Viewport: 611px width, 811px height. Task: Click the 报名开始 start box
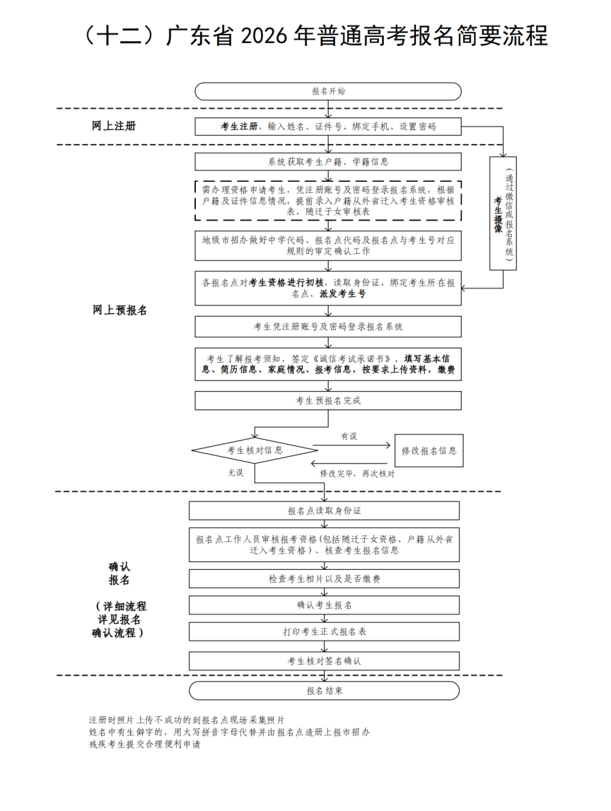point(328,91)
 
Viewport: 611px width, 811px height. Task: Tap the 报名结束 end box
point(325,691)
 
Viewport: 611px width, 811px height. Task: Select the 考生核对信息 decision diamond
point(255,450)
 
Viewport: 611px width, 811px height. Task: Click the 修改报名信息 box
point(429,450)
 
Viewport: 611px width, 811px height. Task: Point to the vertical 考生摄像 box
point(503,214)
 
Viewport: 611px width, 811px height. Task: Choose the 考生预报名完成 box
point(328,401)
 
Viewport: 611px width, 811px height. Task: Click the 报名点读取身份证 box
point(325,510)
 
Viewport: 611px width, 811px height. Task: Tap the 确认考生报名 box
point(325,605)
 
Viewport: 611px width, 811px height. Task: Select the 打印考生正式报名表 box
point(325,631)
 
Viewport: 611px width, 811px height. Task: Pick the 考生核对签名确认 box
point(325,661)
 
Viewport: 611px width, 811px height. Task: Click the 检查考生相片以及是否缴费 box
point(325,579)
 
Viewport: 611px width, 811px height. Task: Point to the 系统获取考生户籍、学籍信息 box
point(328,162)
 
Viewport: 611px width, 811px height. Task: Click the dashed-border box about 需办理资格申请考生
point(328,201)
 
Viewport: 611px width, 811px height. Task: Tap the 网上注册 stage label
point(113,126)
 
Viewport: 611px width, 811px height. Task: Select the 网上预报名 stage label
point(120,310)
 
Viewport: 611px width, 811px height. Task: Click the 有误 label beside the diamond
point(349,436)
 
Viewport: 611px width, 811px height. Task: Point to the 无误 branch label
point(235,472)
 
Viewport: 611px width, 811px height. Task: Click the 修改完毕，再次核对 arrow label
point(357,473)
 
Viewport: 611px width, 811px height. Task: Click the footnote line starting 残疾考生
point(145,745)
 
